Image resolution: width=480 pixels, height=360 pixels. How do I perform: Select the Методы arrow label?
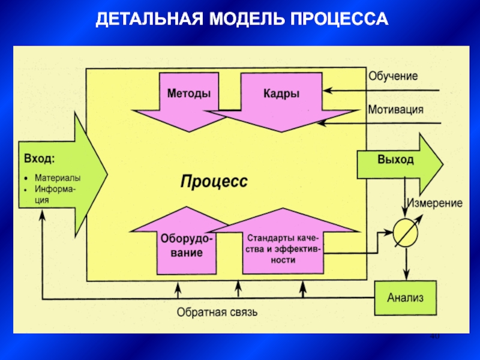pyautogui.click(x=188, y=94)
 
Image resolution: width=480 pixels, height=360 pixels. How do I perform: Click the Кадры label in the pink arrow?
pyautogui.click(x=281, y=94)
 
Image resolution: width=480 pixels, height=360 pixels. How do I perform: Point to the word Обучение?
pyautogui.click(x=393, y=77)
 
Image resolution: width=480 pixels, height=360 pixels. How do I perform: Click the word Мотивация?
pyautogui.click(x=395, y=110)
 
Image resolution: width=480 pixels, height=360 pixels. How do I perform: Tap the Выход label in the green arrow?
pyautogui.click(x=395, y=160)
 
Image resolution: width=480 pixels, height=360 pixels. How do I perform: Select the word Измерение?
pyautogui.click(x=435, y=203)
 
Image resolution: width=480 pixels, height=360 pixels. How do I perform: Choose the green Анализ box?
pyautogui.click(x=406, y=297)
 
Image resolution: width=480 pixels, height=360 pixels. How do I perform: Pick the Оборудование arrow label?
pyautogui.click(x=185, y=245)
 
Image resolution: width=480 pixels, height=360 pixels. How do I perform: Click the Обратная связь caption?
pyautogui.click(x=217, y=312)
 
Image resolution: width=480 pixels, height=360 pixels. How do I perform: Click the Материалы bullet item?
pyautogui.click(x=57, y=178)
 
